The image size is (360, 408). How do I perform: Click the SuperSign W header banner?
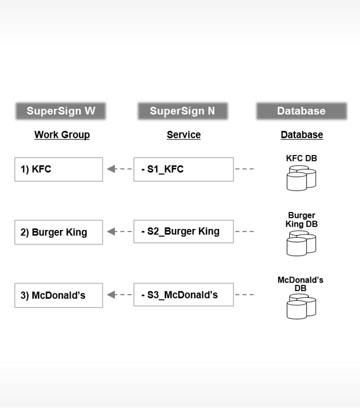[61, 111]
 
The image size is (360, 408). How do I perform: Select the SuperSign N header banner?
[183, 111]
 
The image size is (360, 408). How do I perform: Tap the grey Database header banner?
[301, 111]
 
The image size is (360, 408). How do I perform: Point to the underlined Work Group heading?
[62, 134]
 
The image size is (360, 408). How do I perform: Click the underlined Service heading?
[183, 134]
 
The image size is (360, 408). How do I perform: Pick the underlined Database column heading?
[301, 134]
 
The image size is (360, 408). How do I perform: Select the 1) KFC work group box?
[58, 169]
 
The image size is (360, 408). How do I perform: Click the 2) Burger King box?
[58, 232]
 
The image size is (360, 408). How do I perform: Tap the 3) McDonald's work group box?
[58, 295]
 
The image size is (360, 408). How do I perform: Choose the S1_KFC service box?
[183, 169]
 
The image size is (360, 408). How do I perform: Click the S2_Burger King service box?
[183, 232]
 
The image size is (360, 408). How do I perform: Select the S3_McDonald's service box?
[183, 295]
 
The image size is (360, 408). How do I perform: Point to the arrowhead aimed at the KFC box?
[111, 169]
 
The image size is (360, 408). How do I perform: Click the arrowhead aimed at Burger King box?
[111, 232]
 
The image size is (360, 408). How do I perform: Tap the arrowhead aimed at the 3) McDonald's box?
[111, 295]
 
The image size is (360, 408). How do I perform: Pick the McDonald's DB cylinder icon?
[301, 306]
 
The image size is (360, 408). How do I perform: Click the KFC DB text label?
[301, 158]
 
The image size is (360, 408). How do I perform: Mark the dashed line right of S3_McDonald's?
[244, 295]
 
